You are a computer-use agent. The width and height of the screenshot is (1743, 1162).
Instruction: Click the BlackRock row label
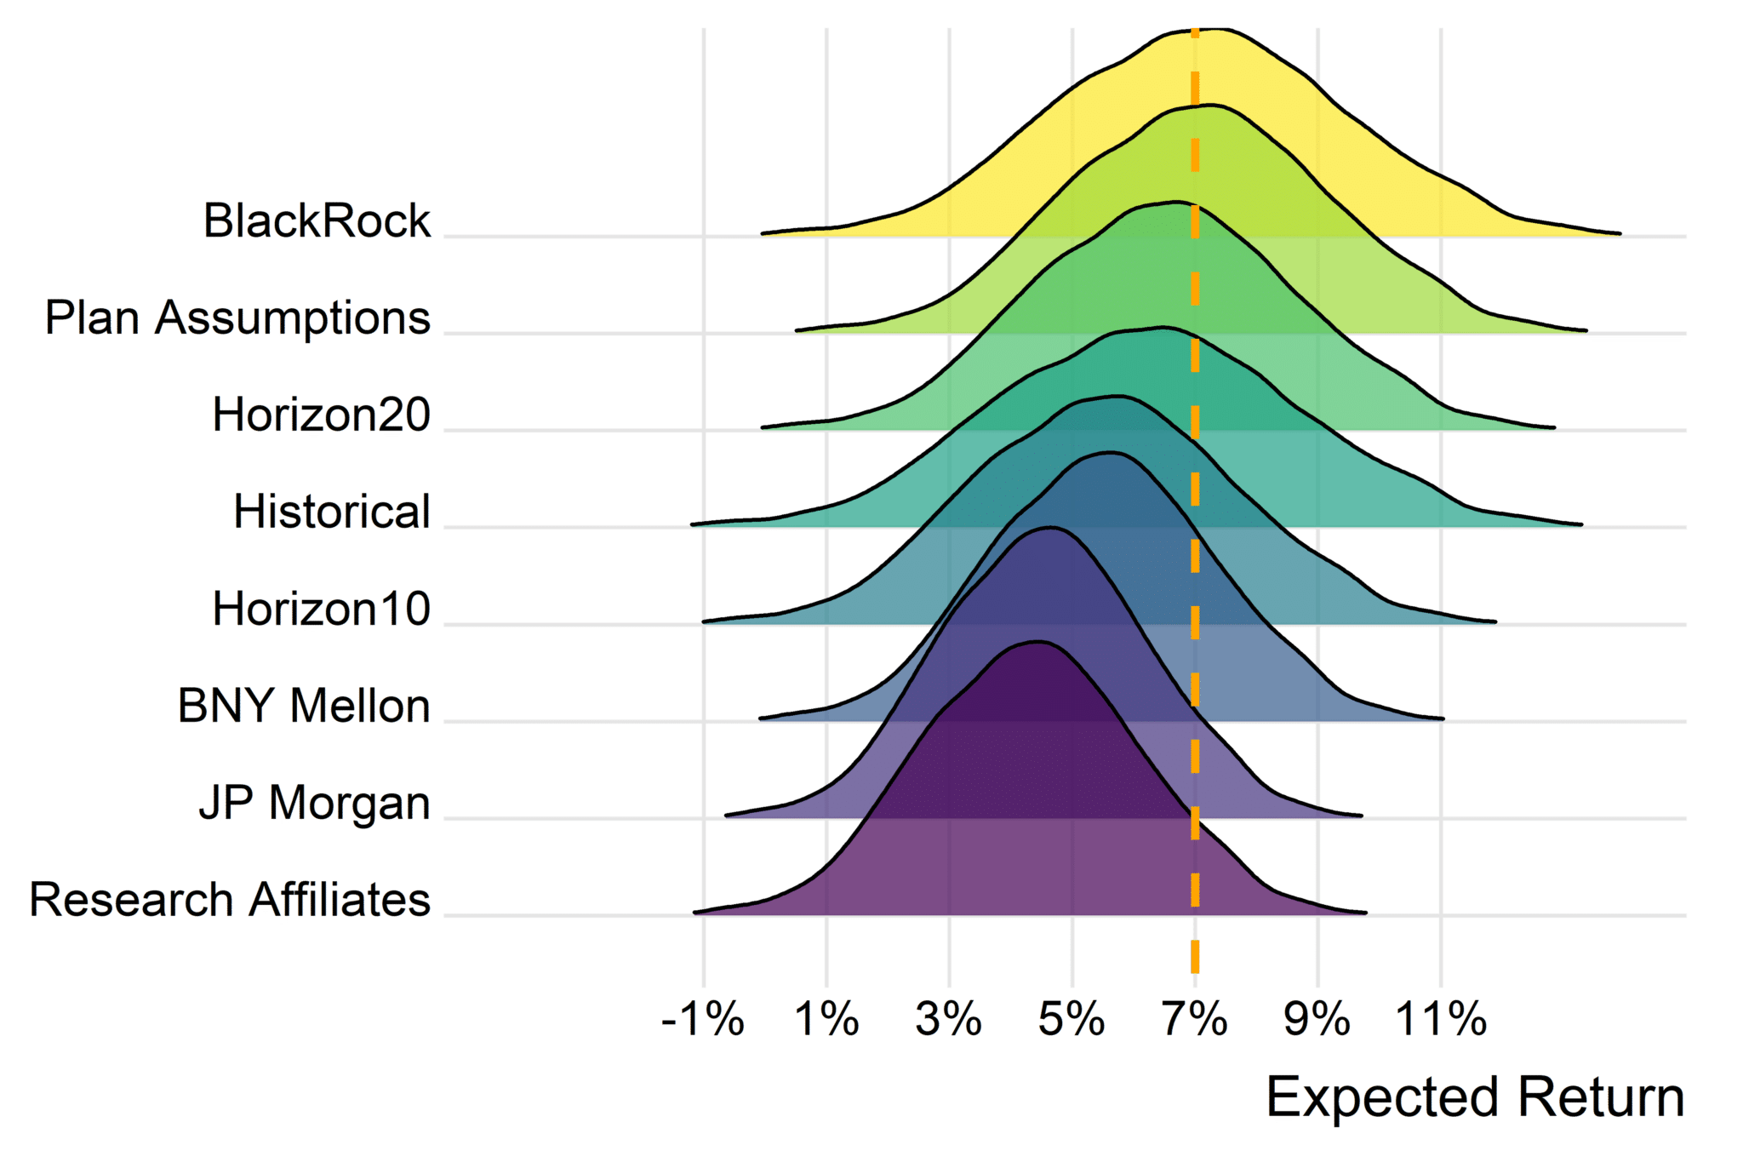[x=317, y=221]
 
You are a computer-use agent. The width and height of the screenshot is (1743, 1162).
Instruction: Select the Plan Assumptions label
[x=237, y=318]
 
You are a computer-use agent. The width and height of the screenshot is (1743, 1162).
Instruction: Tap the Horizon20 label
[x=322, y=415]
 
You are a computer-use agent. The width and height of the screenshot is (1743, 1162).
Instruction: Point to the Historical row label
[x=332, y=512]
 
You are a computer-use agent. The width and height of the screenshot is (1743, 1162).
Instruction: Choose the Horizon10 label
[x=322, y=610]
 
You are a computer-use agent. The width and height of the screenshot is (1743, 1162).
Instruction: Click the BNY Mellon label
[x=305, y=707]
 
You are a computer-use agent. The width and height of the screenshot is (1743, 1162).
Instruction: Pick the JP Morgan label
[x=315, y=804]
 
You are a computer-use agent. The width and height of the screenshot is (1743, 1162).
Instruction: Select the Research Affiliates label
[x=230, y=900]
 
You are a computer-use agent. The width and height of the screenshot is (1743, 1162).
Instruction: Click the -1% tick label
[x=703, y=1019]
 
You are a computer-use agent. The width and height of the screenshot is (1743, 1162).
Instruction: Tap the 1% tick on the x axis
[x=826, y=1019]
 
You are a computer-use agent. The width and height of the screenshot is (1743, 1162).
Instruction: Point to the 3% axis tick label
[x=949, y=1019]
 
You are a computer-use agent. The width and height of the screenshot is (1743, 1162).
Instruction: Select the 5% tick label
[x=1072, y=1019]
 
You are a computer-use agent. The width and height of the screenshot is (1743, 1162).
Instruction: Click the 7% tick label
[x=1195, y=1019]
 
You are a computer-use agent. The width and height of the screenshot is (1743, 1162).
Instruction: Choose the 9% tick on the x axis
[x=1317, y=1019]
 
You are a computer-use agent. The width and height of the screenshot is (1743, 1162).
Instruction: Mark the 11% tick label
[x=1441, y=1019]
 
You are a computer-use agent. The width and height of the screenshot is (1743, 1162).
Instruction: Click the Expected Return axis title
[x=1476, y=1097]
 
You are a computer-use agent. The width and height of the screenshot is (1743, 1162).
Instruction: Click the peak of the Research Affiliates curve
[x=1037, y=643]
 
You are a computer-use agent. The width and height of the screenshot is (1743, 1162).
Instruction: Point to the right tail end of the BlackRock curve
[x=1619, y=232]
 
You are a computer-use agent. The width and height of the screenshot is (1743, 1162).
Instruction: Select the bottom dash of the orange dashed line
[x=1195, y=958]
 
